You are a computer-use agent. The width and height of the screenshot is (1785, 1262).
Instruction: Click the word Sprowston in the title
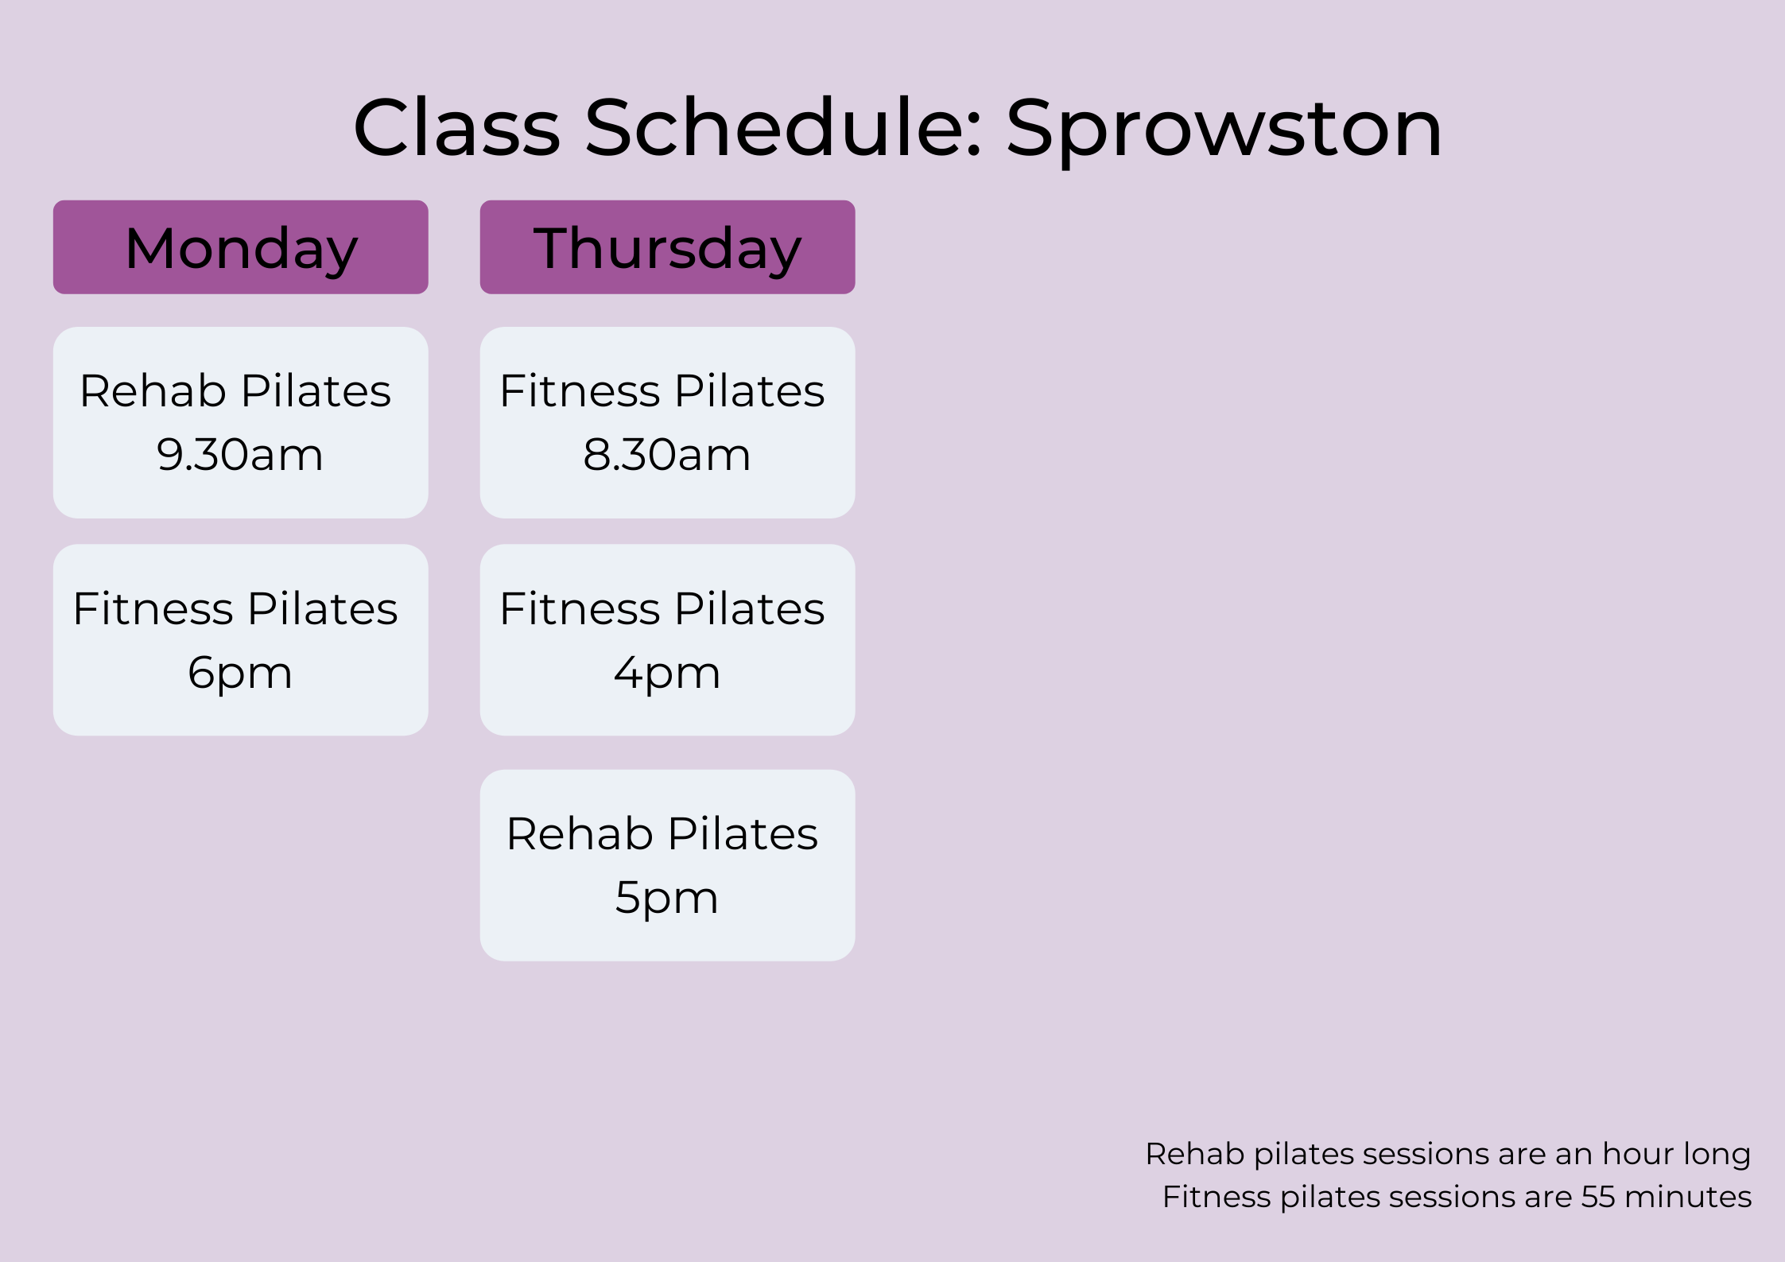pyautogui.click(x=1224, y=130)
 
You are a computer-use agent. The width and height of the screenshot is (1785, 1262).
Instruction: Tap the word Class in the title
pyautogui.click(x=457, y=127)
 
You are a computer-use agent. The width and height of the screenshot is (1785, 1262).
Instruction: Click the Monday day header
pyautogui.click(x=241, y=247)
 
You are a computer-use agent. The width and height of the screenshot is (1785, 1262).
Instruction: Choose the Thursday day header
pyautogui.click(x=667, y=247)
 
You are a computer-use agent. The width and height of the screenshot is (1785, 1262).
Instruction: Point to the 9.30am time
pyautogui.click(x=240, y=455)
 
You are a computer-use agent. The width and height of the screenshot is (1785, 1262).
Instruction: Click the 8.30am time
pyautogui.click(x=667, y=455)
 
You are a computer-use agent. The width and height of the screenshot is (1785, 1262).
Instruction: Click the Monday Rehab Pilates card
pyautogui.click(x=241, y=422)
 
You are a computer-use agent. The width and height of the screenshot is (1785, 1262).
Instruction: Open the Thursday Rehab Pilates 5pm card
pyautogui.click(x=667, y=865)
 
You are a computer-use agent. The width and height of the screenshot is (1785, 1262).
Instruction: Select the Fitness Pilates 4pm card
pyautogui.click(x=667, y=640)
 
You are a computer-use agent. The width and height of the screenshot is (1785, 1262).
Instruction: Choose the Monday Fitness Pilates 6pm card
pyautogui.click(x=241, y=640)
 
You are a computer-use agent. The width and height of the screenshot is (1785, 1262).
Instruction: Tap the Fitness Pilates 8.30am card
pyautogui.click(x=667, y=422)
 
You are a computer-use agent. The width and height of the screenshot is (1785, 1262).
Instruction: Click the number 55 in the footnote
pyautogui.click(x=1598, y=1197)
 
